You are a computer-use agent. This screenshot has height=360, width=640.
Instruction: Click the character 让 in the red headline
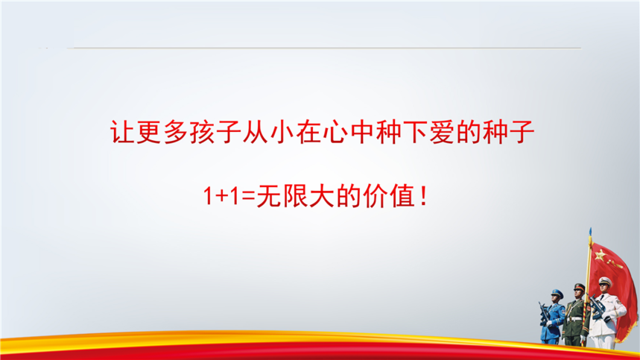[122, 132]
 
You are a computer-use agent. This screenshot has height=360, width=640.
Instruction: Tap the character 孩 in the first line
[202, 132]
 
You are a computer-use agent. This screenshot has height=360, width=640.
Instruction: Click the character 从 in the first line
[255, 132]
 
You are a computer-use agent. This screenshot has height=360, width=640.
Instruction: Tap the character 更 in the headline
[149, 132]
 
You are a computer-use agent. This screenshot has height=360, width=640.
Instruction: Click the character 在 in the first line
[308, 132]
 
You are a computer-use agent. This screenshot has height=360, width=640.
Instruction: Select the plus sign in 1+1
[221, 197]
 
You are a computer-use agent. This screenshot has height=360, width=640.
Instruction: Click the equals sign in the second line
[248, 197]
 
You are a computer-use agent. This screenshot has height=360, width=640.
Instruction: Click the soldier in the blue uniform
[551, 317]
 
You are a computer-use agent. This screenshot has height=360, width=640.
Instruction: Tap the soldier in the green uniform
[575, 315]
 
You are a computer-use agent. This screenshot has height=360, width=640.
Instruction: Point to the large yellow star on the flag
[600, 256]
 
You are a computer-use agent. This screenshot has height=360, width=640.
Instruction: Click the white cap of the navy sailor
[605, 281]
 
